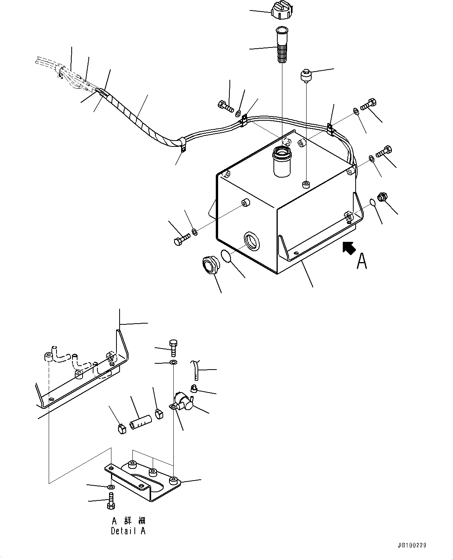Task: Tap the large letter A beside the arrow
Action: tap(362, 261)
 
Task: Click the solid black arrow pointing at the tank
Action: tap(349, 248)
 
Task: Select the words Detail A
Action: tap(128, 531)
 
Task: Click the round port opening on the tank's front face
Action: tap(252, 241)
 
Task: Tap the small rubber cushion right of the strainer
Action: tap(305, 76)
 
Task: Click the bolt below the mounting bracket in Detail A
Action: tap(110, 501)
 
